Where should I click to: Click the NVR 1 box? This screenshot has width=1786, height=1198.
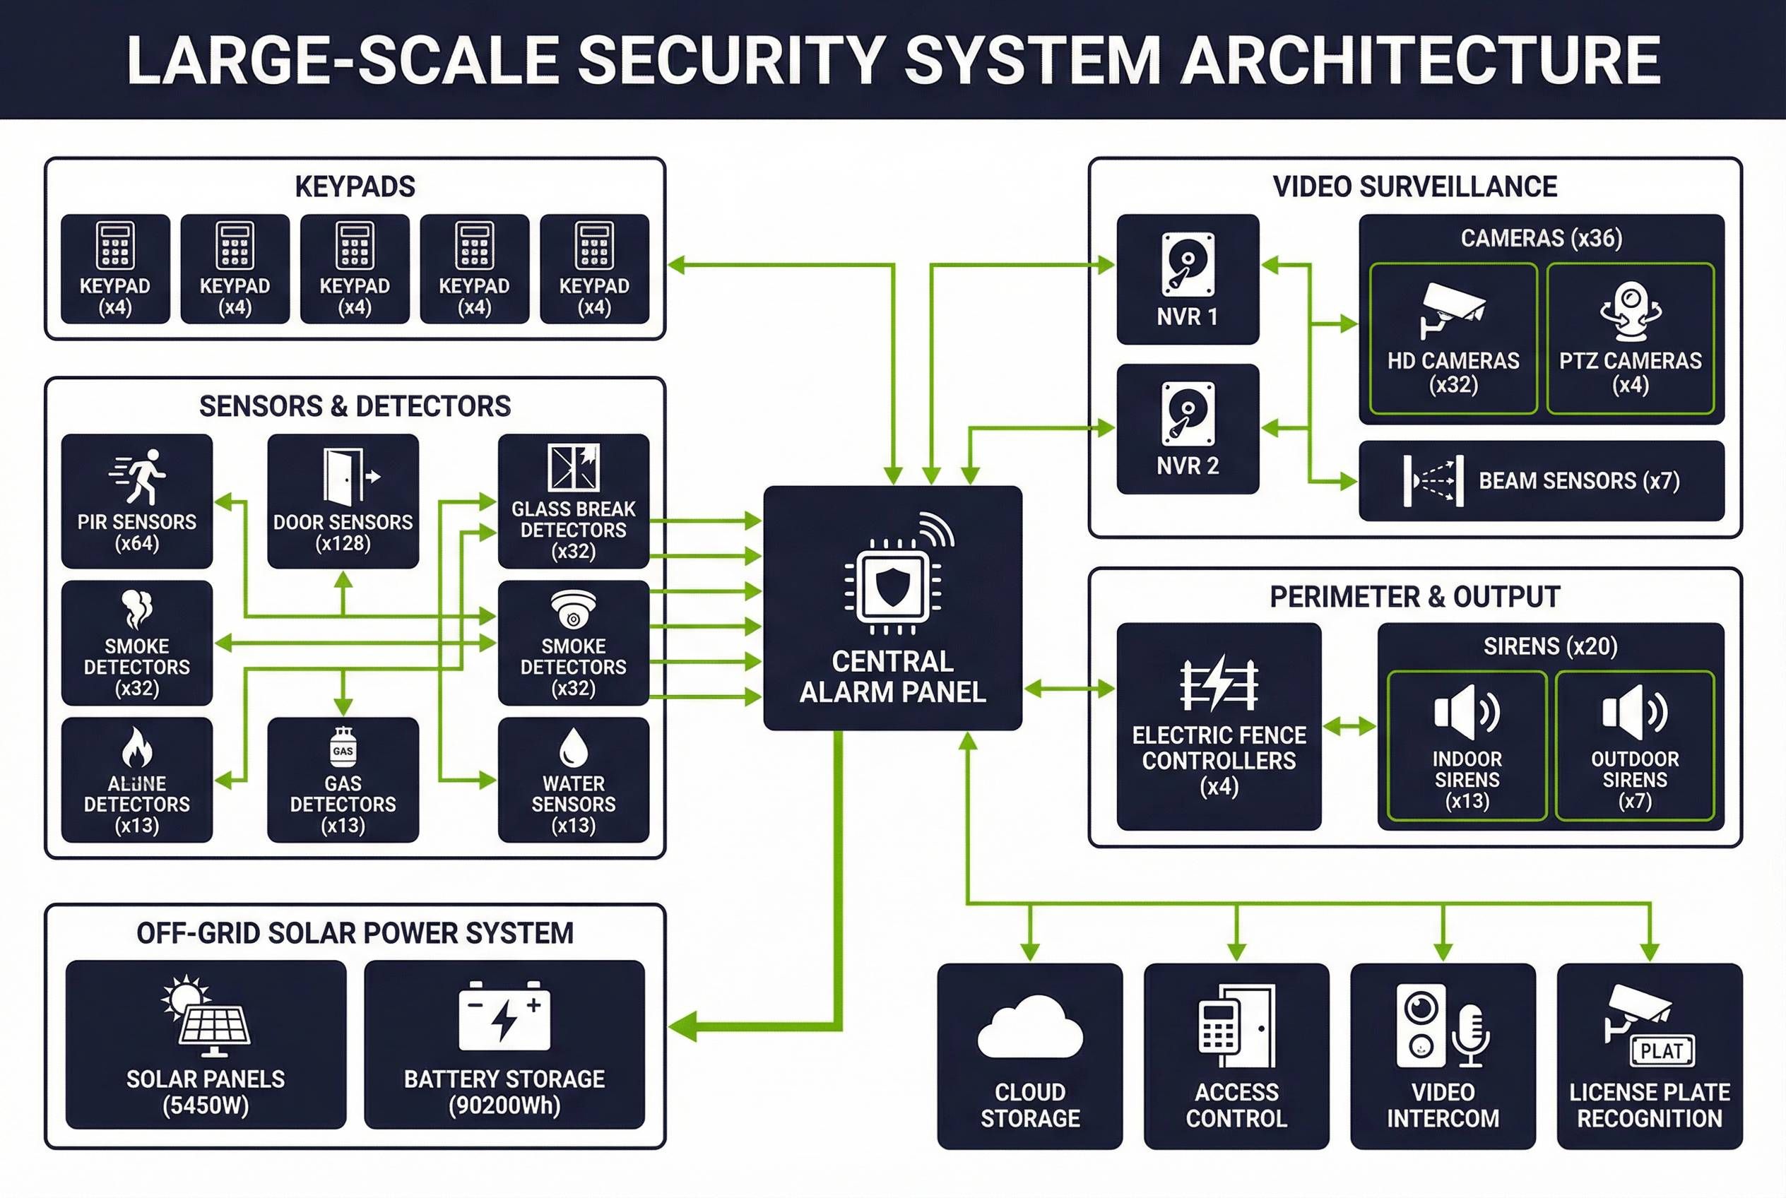(1187, 279)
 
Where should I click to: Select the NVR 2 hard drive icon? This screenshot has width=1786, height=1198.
(1187, 413)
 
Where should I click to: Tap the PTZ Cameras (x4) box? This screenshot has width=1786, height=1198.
(1629, 338)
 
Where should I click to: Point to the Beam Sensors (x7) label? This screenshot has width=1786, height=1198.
(1578, 480)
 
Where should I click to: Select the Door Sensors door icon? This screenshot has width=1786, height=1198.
(343, 477)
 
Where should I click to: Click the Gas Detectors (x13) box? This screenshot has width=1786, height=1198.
(343, 779)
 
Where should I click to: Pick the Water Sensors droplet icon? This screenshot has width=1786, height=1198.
(573, 747)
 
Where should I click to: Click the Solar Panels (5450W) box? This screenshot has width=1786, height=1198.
(206, 1044)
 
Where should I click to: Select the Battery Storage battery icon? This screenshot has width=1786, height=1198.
(504, 1016)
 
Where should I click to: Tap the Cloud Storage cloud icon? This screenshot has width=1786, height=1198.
(1029, 1028)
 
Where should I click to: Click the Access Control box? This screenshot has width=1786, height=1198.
(1236, 1055)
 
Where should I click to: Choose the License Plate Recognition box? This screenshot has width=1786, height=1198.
(1649, 1055)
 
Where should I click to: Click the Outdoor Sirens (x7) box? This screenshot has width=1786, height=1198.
(1634, 746)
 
